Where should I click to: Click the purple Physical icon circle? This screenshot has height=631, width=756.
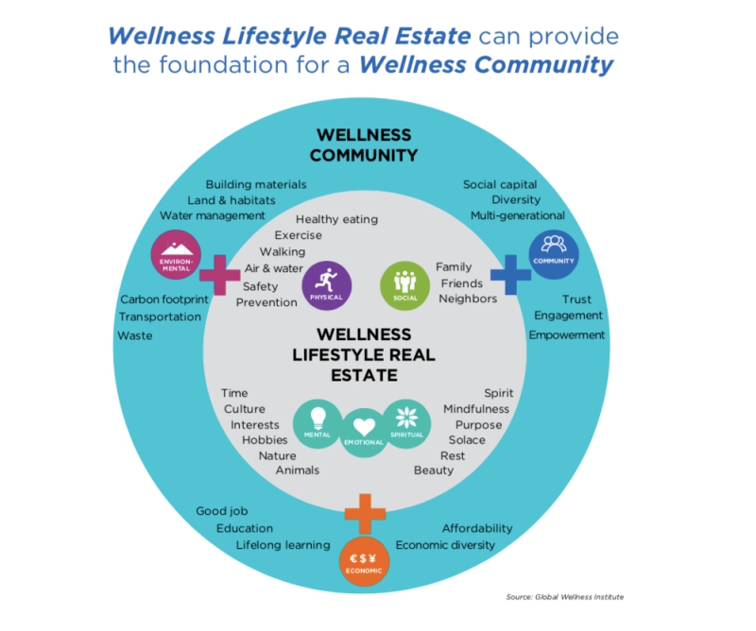pyautogui.click(x=327, y=285)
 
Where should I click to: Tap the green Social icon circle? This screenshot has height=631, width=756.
pyautogui.click(x=405, y=285)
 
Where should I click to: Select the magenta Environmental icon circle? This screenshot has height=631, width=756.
pyautogui.click(x=176, y=254)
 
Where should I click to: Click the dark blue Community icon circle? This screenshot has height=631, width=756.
pyautogui.click(x=554, y=254)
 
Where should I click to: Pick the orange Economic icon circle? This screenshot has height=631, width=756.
pyautogui.click(x=364, y=562)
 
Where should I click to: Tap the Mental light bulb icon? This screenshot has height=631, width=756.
pyautogui.click(x=318, y=418)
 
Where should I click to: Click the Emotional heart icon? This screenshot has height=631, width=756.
pyautogui.click(x=364, y=427)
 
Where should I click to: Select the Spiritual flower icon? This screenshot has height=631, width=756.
pyautogui.click(x=406, y=418)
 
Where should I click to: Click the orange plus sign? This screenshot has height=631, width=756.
pyautogui.click(x=365, y=514)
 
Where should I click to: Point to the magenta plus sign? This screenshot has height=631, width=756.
pyautogui.click(x=220, y=275)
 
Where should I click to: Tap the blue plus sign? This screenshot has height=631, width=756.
pyautogui.click(x=510, y=275)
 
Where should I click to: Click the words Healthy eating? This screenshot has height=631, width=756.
pyautogui.click(x=336, y=219)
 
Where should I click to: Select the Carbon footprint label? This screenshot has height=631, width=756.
pyautogui.click(x=164, y=299)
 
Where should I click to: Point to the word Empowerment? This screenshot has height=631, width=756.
pyautogui.click(x=566, y=335)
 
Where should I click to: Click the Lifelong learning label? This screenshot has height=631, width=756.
pyautogui.click(x=283, y=545)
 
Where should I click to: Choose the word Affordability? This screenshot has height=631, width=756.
pyautogui.click(x=477, y=528)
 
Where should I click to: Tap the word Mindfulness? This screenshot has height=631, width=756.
pyautogui.click(x=476, y=409)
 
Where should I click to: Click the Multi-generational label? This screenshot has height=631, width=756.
pyautogui.click(x=517, y=215)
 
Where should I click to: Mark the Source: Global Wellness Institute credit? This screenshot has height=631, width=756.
pyautogui.click(x=564, y=597)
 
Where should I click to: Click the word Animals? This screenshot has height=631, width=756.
pyautogui.click(x=298, y=470)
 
